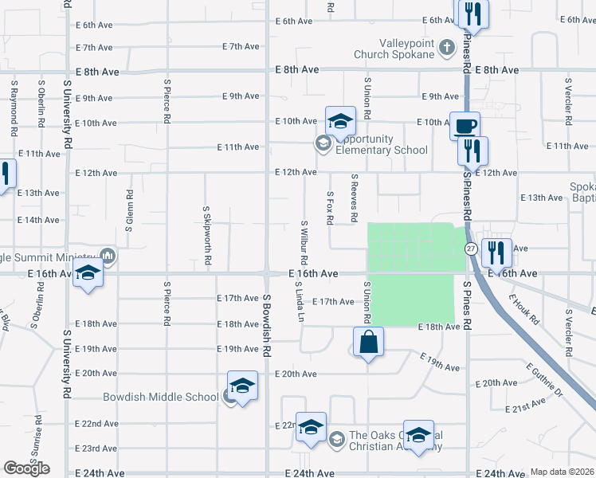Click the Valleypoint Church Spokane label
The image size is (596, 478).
pyautogui.click(x=395, y=48)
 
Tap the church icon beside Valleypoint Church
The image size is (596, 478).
pyautogui.click(x=446, y=48)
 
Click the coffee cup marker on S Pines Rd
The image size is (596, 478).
pyautogui.click(x=465, y=125)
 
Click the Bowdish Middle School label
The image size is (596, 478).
pyautogui.click(x=160, y=397)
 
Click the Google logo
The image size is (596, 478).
pyautogui.click(x=26, y=468)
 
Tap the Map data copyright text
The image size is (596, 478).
pyautogui.click(x=563, y=472)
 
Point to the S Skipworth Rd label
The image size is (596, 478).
pyautogui.click(x=207, y=233)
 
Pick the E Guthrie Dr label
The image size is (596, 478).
pyautogui.click(x=543, y=381)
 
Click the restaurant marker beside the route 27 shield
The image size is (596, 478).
pyautogui.click(x=496, y=253)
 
